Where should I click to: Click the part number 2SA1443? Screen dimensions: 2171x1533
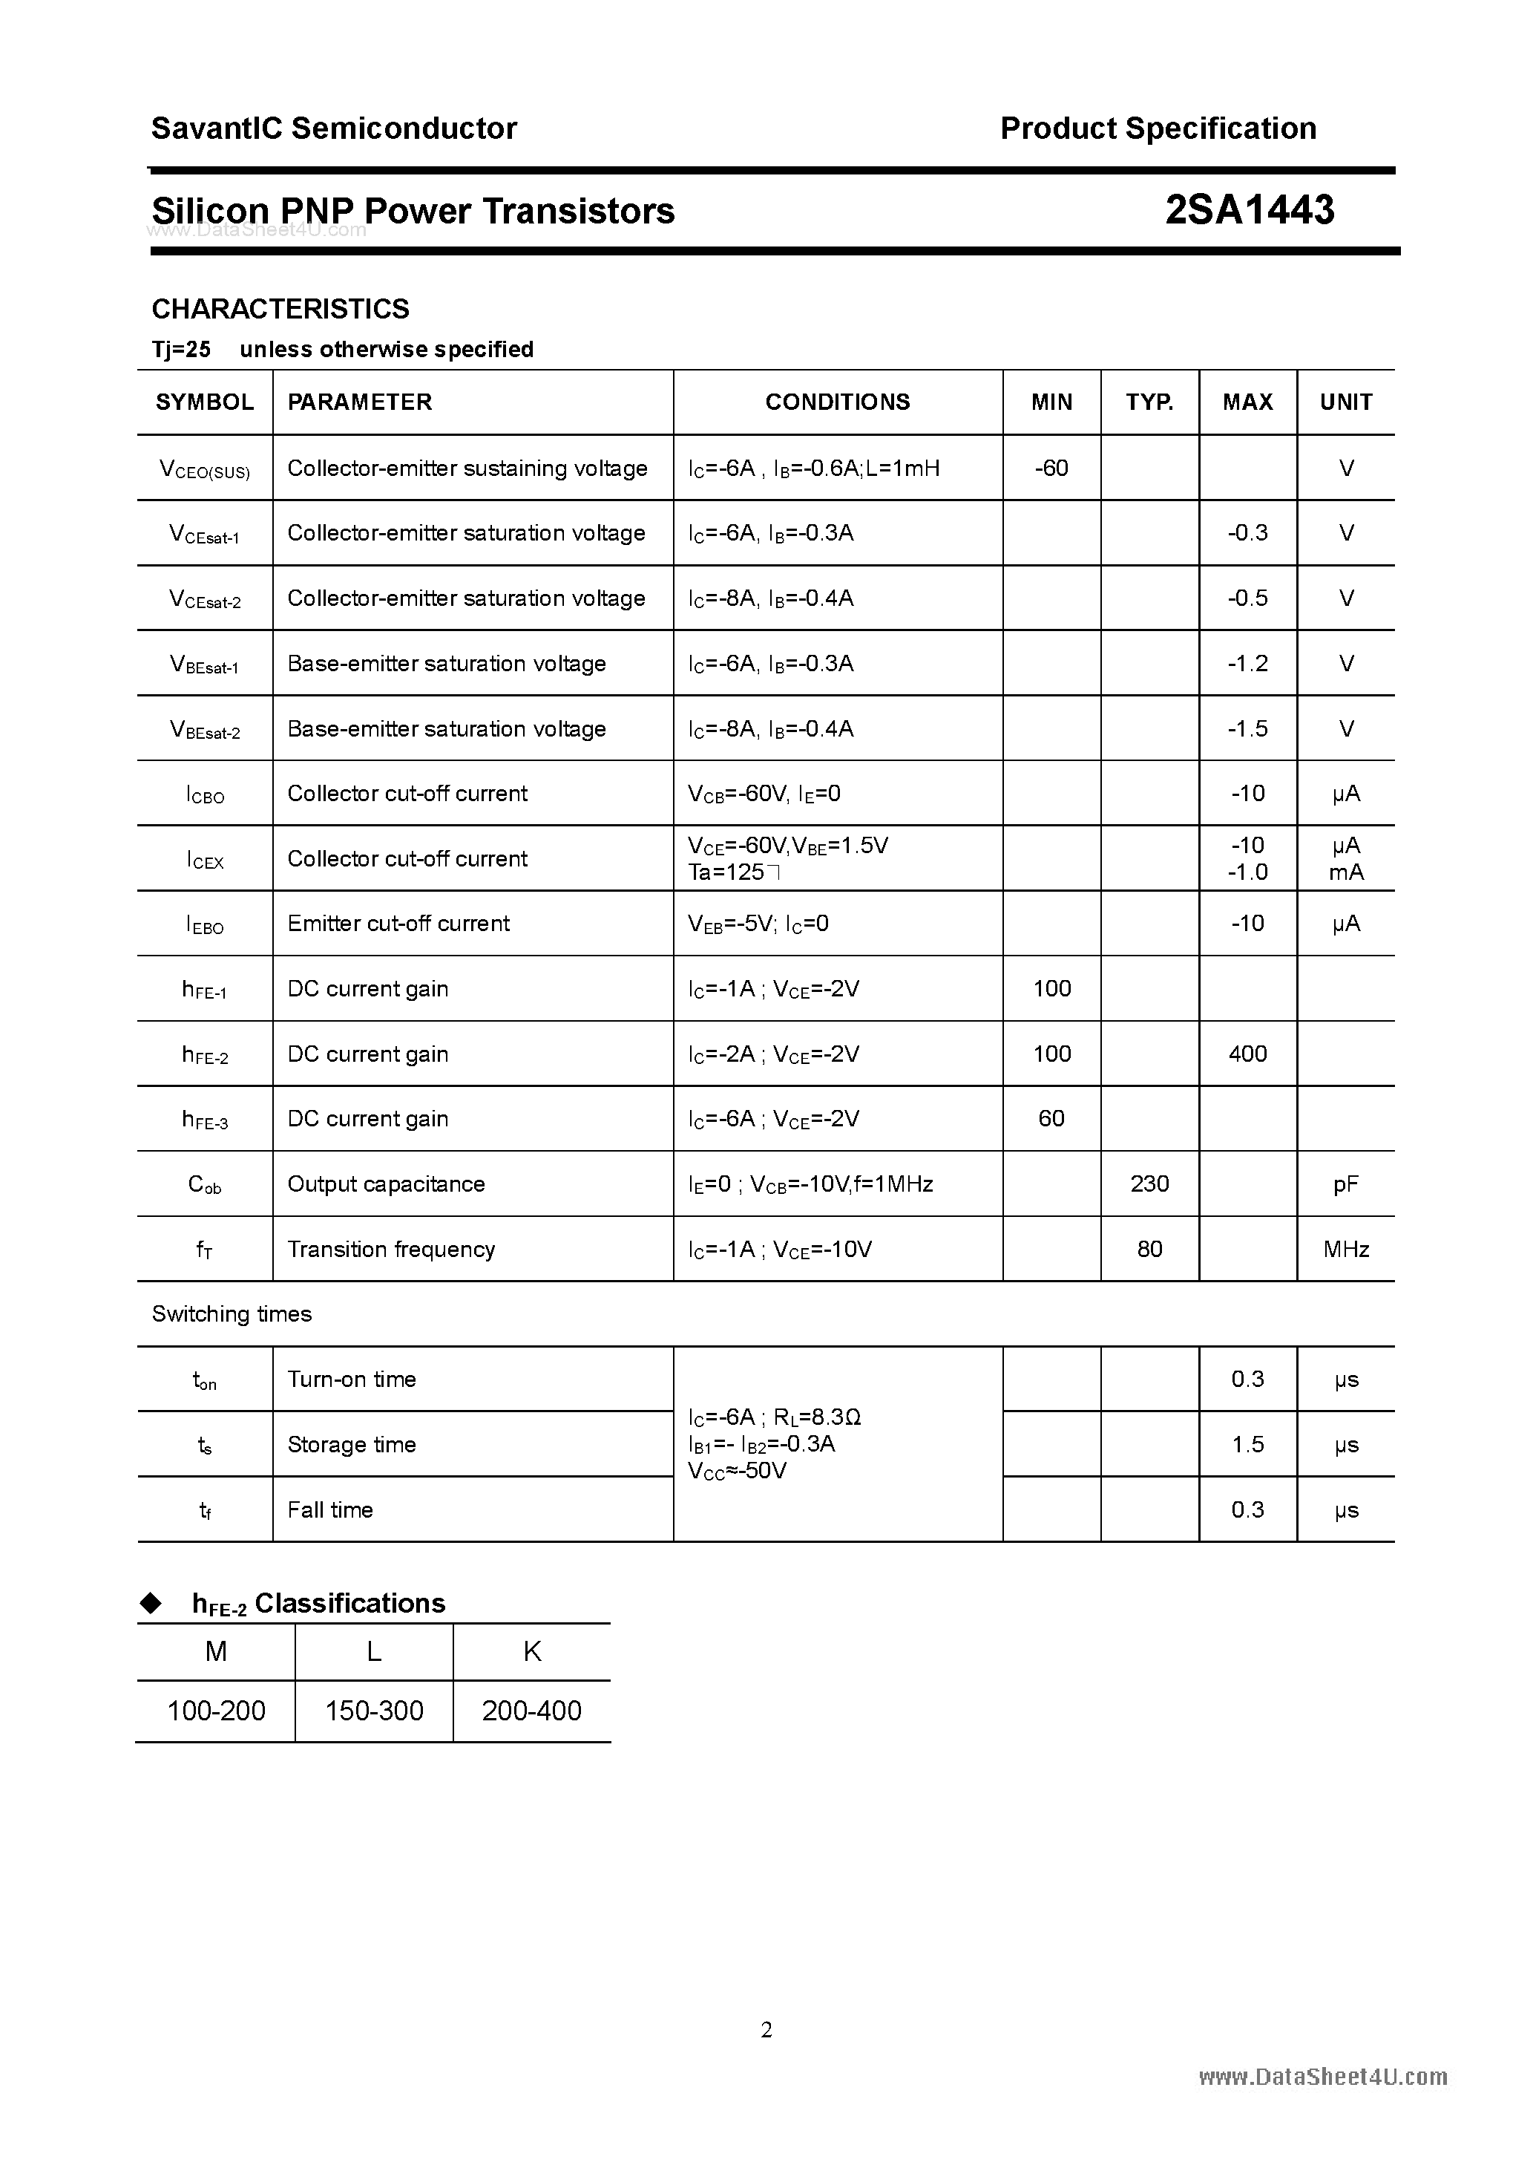click(1249, 210)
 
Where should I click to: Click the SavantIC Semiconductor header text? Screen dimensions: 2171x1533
click(334, 128)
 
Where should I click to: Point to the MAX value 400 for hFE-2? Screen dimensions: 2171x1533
click(1247, 1054)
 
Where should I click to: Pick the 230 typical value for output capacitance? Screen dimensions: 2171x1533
click(1149, 1184)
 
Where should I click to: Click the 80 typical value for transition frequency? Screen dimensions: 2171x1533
click(1149, 1249)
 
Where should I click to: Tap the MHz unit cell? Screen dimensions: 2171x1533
click(1346, 1249)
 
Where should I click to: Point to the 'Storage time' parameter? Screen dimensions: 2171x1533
click(352, 1444)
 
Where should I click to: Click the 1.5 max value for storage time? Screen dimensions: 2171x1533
click(1247, 1444)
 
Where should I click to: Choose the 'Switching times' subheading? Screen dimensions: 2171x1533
click(232, 1313)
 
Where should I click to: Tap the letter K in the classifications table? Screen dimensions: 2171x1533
click(532, 1651)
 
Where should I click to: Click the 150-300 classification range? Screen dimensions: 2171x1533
click(374, 1711)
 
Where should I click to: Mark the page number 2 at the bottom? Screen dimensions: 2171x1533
click(766, 2029)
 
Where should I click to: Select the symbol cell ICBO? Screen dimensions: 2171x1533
click(205, 794)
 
